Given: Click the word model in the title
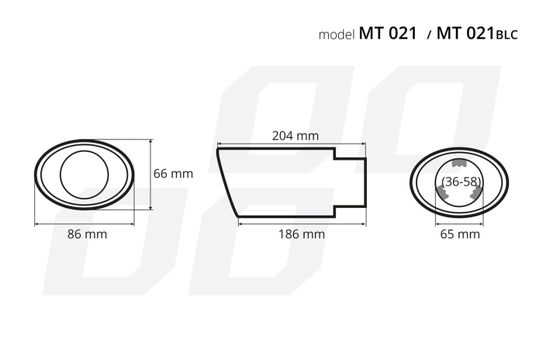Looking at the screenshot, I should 337,35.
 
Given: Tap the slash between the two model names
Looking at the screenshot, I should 429,36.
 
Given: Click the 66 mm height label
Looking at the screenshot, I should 172,174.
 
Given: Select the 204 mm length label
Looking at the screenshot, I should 295,135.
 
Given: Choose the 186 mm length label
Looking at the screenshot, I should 302,234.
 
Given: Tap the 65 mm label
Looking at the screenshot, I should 460,234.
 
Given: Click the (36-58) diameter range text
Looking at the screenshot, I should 460,181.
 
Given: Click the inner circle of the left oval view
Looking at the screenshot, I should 85,175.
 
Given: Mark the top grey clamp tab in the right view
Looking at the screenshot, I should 460,164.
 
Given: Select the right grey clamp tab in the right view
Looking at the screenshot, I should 476,195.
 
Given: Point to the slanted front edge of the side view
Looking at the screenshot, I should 227,182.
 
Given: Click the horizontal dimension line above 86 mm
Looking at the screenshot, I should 85,223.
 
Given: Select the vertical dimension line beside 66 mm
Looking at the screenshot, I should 150,174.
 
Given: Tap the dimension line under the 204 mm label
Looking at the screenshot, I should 291,144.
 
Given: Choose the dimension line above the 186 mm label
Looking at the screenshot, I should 302,223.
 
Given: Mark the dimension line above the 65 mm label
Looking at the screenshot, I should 460,223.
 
